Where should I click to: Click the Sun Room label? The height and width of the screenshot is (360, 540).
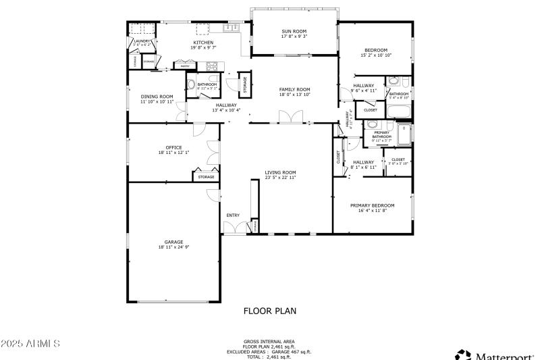point(294,31)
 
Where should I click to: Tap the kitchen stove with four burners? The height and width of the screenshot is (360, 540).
point(212,66)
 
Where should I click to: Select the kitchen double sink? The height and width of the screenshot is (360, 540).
point(234,28)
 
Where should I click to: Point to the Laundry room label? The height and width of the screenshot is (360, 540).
point(142,41)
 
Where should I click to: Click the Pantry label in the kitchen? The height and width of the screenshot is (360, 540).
point(184,66)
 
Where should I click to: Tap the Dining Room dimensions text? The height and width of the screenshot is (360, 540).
point(157,101)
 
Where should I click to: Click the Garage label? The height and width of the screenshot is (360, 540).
point(173,242)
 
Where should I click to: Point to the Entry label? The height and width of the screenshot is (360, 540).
point(233,215)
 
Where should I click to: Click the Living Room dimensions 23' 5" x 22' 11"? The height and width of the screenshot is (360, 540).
point(280,178)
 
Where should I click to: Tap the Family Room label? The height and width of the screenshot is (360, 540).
point(294,89)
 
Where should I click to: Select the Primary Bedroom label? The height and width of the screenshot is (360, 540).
point(372,205)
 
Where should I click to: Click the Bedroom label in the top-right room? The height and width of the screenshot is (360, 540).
point(376,50)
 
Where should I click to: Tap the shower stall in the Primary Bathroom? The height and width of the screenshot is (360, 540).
point(403,134)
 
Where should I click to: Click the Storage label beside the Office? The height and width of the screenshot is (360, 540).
point(206,177)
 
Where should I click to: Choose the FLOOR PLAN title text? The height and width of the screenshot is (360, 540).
point(269,311)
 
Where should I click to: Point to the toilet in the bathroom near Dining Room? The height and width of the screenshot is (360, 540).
point(190,86)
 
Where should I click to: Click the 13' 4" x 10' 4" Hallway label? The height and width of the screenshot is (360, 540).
point(226,107)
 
